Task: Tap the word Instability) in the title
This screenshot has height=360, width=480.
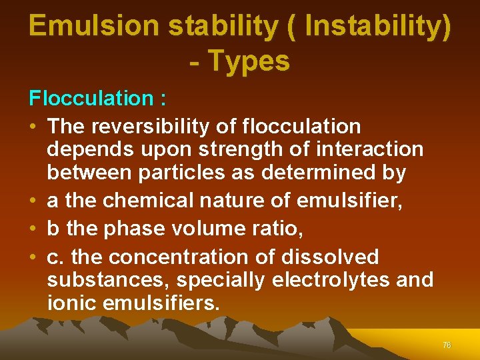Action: pos(374,26)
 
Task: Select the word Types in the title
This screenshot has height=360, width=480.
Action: pos(249,61)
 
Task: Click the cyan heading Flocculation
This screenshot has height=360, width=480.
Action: pos(91,99)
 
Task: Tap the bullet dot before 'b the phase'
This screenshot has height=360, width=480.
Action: pos(33,229)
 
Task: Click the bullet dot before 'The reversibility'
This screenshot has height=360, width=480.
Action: pos(33,126)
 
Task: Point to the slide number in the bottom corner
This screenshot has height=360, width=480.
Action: pos(447,345)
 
